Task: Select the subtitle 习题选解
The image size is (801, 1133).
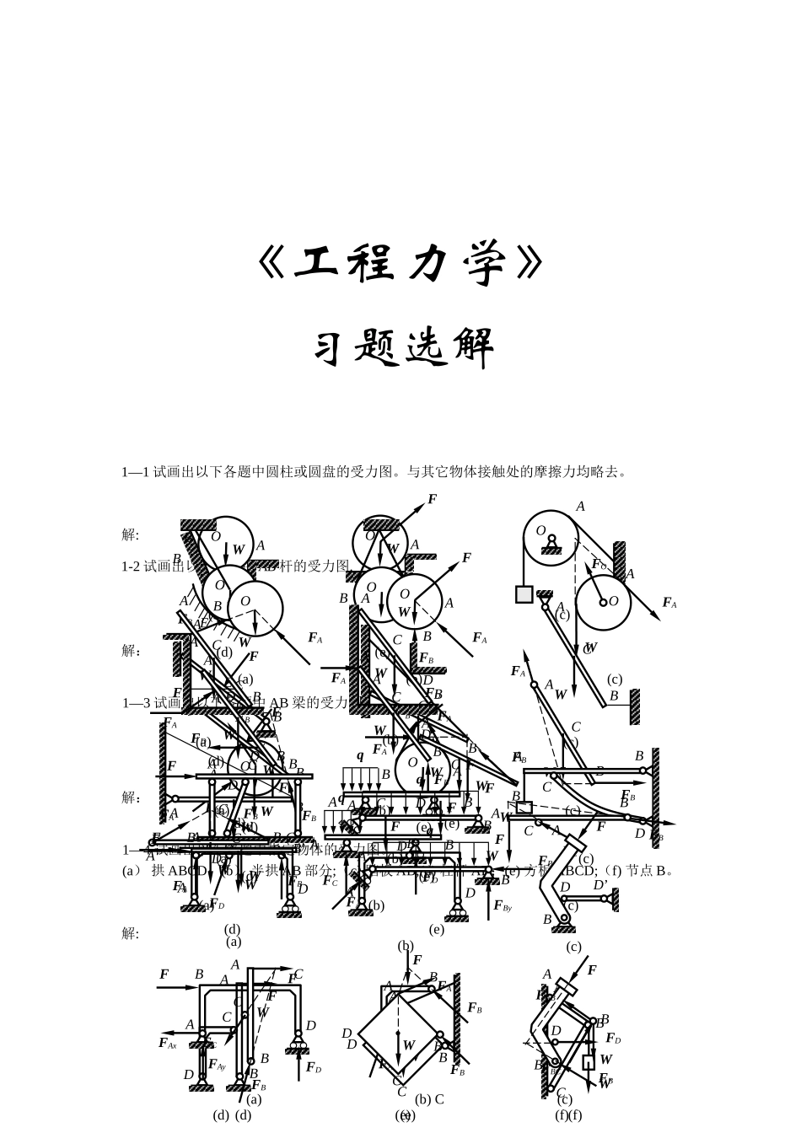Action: coord(404,347)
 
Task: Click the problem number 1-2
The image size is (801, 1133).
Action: coord(132,566)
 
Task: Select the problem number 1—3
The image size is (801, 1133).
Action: coord(135,703)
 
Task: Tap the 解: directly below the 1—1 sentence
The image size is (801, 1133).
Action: coord(130,534)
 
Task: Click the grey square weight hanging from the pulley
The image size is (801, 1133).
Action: coord(524,594)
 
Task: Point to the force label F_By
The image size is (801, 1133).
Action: coord(503,906)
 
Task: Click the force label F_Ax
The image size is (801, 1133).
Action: coord(167,1044)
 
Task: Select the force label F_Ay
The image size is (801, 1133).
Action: coord(217,1065)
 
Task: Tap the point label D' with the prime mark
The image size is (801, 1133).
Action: coord(600,884)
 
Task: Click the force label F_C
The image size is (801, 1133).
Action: coord(330,881)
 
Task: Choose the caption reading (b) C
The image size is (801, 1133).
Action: coord(429,1099)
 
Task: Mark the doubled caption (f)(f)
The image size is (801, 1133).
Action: coord(568,1115)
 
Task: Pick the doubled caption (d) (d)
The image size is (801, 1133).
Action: coord(232,1115)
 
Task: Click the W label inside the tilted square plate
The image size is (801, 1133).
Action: coord(409,1045)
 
